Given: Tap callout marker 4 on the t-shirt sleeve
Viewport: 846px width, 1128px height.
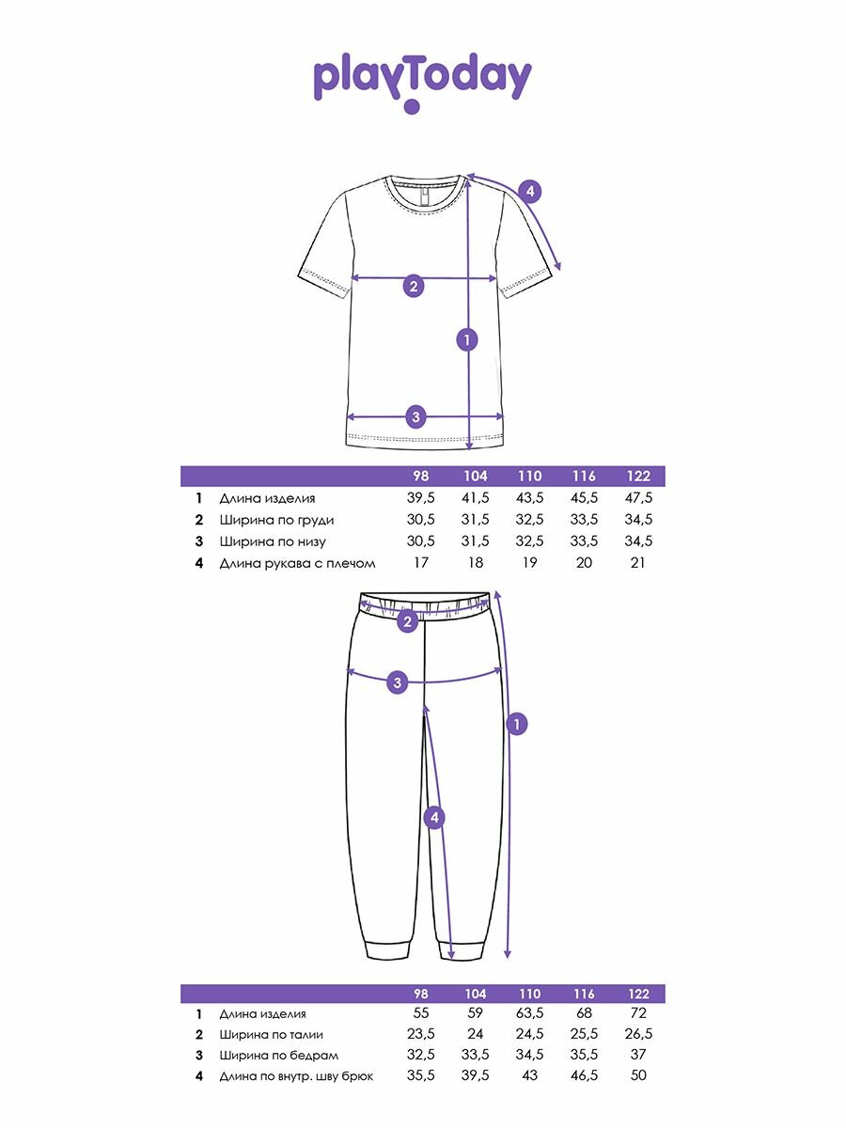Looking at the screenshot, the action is (x=529, y=192).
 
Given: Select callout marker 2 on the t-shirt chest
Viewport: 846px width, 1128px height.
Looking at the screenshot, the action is (x=413, y=286).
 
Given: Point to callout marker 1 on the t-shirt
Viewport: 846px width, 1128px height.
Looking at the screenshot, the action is (x=467, y=339).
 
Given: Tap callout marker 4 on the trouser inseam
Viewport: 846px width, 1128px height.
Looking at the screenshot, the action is (x=433, y=819).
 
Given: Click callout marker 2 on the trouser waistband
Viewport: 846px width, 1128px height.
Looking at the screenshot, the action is (x=407, y=620).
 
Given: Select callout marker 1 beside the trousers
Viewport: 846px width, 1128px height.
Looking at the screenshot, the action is (x=516, y=724).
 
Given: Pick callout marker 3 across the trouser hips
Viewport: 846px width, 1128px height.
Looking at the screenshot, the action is (x=398, y=682).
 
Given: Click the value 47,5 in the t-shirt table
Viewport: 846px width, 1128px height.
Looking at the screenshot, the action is (x=638, y=498).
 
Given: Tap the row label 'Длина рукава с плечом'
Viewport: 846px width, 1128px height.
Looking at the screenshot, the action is (x=297, y=563).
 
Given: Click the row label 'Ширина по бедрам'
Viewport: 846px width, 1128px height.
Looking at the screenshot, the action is (x=278, y=1056).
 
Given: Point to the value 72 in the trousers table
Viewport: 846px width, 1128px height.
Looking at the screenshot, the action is (x=638, y=1014).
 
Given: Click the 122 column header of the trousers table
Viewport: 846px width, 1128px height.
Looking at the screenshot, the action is (x=638, y=994).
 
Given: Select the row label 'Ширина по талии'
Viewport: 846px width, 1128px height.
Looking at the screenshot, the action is (x=273, y=1035).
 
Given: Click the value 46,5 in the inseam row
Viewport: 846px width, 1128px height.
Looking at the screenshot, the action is (x=584, y=1076).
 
